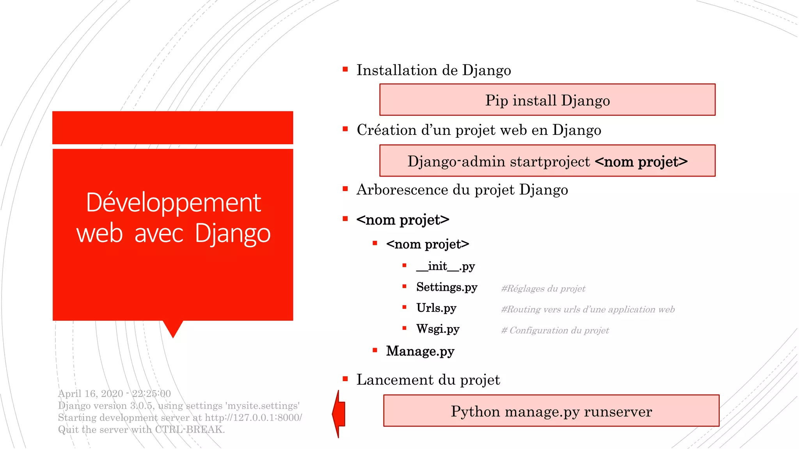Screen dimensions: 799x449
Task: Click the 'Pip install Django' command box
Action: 547,100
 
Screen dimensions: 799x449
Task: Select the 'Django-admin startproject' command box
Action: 547,161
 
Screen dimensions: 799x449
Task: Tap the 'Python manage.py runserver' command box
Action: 551,411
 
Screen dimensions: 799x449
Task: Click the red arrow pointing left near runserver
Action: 339,414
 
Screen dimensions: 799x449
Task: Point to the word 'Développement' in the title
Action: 173,203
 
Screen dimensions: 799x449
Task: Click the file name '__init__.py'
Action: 446,266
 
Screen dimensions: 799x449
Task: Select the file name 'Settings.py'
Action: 447,287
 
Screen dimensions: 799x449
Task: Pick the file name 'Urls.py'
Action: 436,308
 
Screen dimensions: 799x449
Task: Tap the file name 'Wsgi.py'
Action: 438,329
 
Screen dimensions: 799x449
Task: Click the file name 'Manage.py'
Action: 420,351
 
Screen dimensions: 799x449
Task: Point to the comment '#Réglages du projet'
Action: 543,289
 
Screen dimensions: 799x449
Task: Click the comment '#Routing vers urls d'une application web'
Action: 588,309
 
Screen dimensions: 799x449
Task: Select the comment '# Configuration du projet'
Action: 555,331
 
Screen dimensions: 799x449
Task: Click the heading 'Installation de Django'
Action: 433,71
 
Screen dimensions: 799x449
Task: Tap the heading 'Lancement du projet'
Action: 428,380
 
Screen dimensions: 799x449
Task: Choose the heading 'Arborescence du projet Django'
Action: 462,190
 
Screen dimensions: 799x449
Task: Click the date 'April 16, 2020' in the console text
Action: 91,394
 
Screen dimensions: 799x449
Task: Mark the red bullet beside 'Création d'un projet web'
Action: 345,129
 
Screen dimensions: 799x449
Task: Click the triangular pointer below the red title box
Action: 173,329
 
